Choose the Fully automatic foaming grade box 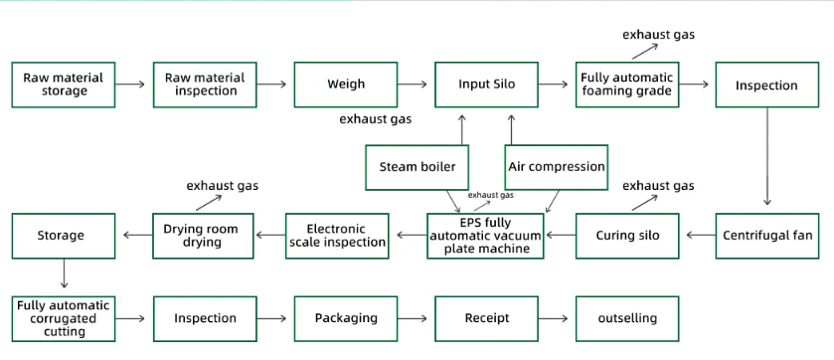tap(626, 85)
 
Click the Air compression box tap(557, 167)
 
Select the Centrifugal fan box tap(766, 236)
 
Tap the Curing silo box tap(627, 236)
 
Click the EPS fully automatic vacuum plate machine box tap(486, 236)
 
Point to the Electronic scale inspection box tap(337, 236)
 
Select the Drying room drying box tap(202, 236)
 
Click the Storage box tap(62, 236)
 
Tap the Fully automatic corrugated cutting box tap(64, 318)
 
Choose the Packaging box tap(346, 318)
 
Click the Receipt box tap(487, 318)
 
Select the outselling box tap(627, 318)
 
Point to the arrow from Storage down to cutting tap(64, 275)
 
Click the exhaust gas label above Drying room tap(223, 186)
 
